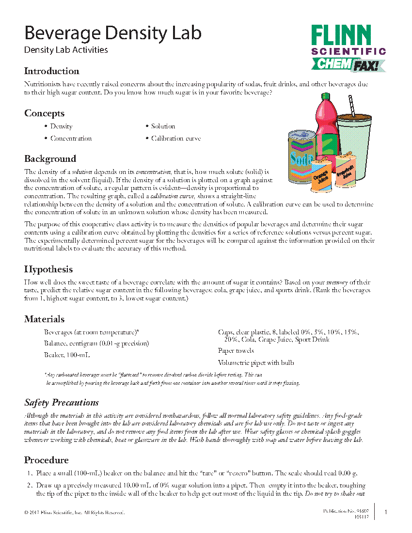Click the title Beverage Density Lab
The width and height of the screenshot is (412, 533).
pos(112,33)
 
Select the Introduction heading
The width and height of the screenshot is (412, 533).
pos(52,71)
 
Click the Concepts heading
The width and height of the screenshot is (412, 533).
pos(44,113)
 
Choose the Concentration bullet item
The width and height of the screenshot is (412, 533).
pos(71,139)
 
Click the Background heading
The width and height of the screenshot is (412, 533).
pos(50,159)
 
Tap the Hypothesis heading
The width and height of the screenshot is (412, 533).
pos(48,269)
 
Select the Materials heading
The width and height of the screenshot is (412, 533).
pos(44,319)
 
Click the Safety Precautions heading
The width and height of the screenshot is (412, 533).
pos(62,403)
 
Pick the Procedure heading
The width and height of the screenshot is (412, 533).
pos(47,460)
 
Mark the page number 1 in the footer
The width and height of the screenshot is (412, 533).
pos(385,512)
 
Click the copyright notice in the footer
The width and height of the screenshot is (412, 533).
pos(74,512)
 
